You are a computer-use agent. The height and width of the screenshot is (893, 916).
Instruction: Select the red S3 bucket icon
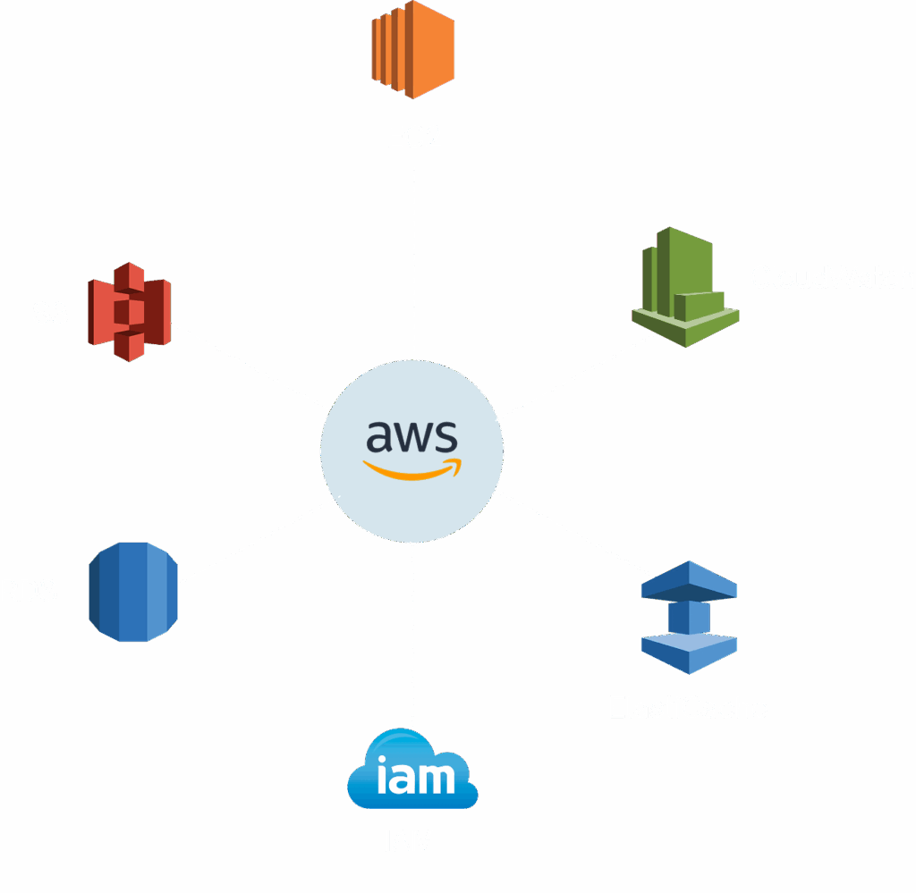pos(130,310)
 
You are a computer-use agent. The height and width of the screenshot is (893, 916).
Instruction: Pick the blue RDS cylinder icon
pos(133,591)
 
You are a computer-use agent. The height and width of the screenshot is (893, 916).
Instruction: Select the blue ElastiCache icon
pos(689,617)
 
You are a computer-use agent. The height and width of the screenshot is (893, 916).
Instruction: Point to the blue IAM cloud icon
pos(412,771)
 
